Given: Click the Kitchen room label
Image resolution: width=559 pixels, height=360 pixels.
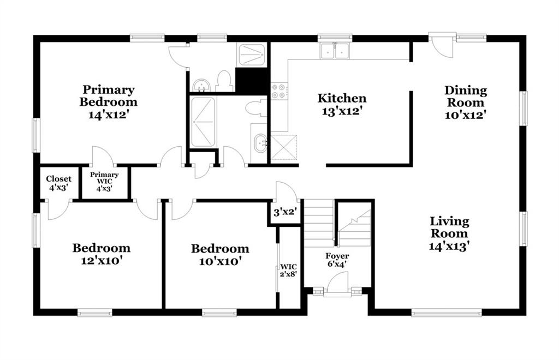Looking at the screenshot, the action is click(x=342, y=98).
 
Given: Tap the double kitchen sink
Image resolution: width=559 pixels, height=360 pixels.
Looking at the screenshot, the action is click(x=335, y=51).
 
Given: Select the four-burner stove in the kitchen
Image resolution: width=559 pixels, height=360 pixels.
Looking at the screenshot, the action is click(x=278, y=91).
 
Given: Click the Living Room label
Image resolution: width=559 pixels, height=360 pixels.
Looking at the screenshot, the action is click(x=449, y=227).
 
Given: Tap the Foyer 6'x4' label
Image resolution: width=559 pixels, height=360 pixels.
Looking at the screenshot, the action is click(x=337, y=260).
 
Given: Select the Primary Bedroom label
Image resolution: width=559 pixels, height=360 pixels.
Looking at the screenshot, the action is click(x=109, y=95).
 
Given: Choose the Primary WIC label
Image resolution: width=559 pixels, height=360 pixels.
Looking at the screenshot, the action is click(x=104, y=178).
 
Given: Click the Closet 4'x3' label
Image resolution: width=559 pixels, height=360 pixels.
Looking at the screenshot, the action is click(x=58, y=183).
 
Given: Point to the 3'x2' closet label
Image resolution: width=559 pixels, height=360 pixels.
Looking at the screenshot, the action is click(x=285, y=213).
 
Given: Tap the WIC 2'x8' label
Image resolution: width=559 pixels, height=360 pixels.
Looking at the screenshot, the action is click(x=288, y=270).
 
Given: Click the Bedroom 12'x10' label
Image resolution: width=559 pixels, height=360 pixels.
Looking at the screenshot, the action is click(x=101, y=254).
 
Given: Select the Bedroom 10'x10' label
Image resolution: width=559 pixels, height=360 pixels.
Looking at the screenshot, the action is click(x=220, y=255).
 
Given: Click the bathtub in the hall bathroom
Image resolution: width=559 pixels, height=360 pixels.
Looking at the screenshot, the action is click(x=203, y=122).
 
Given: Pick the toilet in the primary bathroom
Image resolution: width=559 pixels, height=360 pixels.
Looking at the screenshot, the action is click(x=223, y=81).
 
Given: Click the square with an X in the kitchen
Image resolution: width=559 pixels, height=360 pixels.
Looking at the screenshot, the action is click(x=284, y=147).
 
